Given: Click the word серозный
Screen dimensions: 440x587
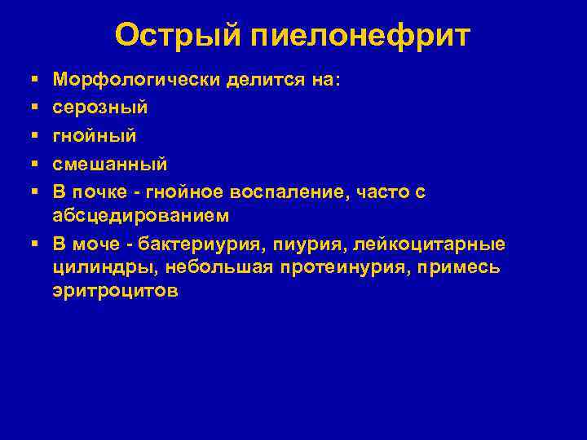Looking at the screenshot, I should [x=99, y=108].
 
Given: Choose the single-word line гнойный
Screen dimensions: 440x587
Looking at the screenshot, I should [x=94, y=136].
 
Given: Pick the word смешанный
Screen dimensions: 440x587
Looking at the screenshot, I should [x=109, y=164].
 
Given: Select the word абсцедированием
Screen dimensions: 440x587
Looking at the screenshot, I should [x=139, y=215].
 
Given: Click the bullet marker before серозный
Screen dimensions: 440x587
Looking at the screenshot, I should [x=33, y=108].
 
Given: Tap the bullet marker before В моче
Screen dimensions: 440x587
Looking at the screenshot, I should [x=33, y=244].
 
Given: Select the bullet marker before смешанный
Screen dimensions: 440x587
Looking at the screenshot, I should [x=33, y=164].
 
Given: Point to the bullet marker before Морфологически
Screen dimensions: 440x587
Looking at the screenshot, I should [x=33, y=79].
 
